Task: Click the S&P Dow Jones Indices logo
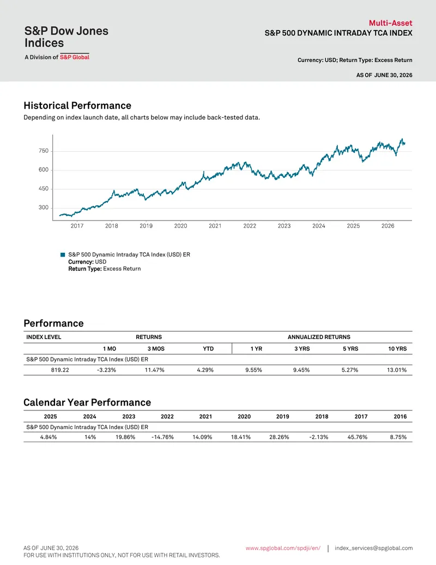point(66,42)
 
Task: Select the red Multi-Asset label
point(390,23)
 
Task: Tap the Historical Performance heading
point(77,105)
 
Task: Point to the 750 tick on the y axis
point(44,151)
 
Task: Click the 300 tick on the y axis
point(44,207)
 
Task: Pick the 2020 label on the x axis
point(180,226)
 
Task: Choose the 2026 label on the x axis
point(388,226)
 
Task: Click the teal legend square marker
point(63,255)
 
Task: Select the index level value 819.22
point(60,370)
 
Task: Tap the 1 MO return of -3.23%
point(106,370)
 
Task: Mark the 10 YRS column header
point(397,349)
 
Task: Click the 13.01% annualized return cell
point(397,370)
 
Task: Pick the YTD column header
point(208,349)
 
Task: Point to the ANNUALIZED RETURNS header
point(319,337)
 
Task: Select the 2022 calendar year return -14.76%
point(162,437)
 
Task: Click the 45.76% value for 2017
point(358,437)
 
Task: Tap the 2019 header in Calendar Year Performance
point(283,417)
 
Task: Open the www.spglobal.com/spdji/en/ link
point(283,548)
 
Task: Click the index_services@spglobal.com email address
point(374,548)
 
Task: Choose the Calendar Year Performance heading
point(87,402)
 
